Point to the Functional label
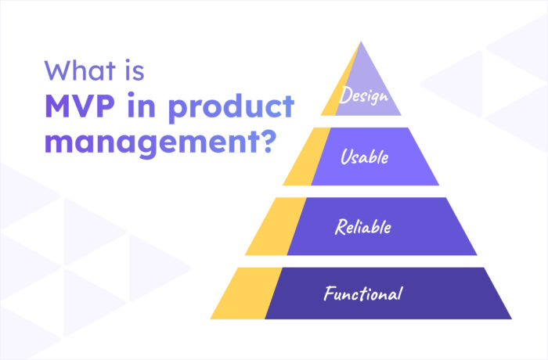pyautogui.click(x=363, y=294)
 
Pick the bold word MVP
pyautogui.click(x=78, y=107)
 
